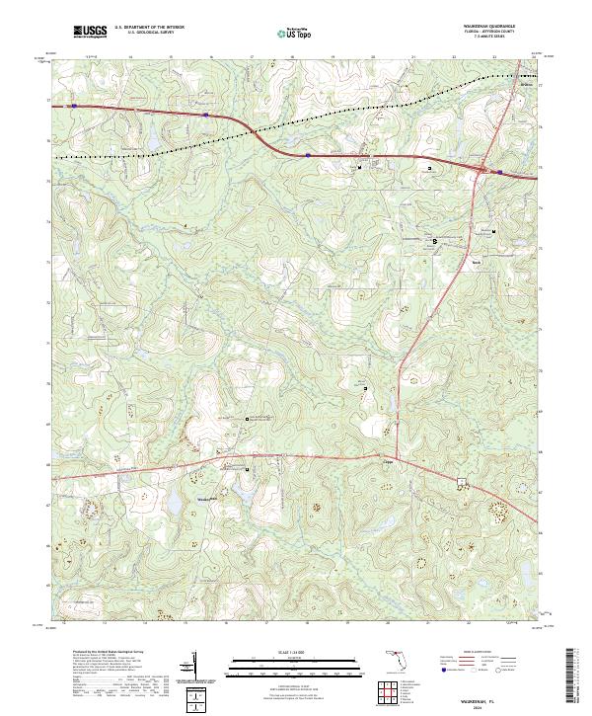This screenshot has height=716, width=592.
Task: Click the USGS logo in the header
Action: (x=90, y=32)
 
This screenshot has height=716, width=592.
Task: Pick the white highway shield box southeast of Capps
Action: (x=461, y=483)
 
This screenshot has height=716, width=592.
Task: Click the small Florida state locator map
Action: (x=395, y=659)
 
